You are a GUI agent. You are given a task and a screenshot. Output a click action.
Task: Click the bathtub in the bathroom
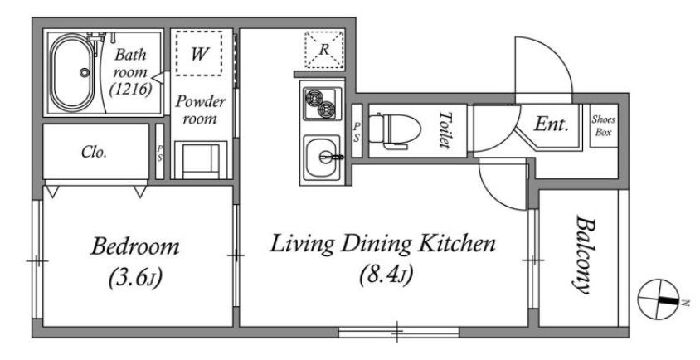[x=72, y=72]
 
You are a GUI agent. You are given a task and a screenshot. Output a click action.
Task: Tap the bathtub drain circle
[x=85, y=72]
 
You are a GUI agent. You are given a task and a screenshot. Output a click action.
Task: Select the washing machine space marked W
[x=199, y=53]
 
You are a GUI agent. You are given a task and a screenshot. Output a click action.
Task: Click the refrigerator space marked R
[x=324, y=50]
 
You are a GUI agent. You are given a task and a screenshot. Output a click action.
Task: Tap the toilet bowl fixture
[x=396, y=130]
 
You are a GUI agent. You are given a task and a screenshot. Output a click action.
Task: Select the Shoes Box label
[x=604, y=126]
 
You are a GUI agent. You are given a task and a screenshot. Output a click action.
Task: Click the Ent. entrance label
[x=552, y=124]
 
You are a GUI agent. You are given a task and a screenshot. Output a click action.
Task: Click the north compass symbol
[x=659, y=299]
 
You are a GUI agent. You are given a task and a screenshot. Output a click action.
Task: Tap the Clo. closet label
[x=95, y=153]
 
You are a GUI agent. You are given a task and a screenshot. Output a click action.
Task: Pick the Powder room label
[x=200, y=109]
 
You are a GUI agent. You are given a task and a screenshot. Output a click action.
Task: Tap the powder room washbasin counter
[x=201, y=160]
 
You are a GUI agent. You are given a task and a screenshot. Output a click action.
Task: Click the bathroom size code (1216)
[x=131, y=90]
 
